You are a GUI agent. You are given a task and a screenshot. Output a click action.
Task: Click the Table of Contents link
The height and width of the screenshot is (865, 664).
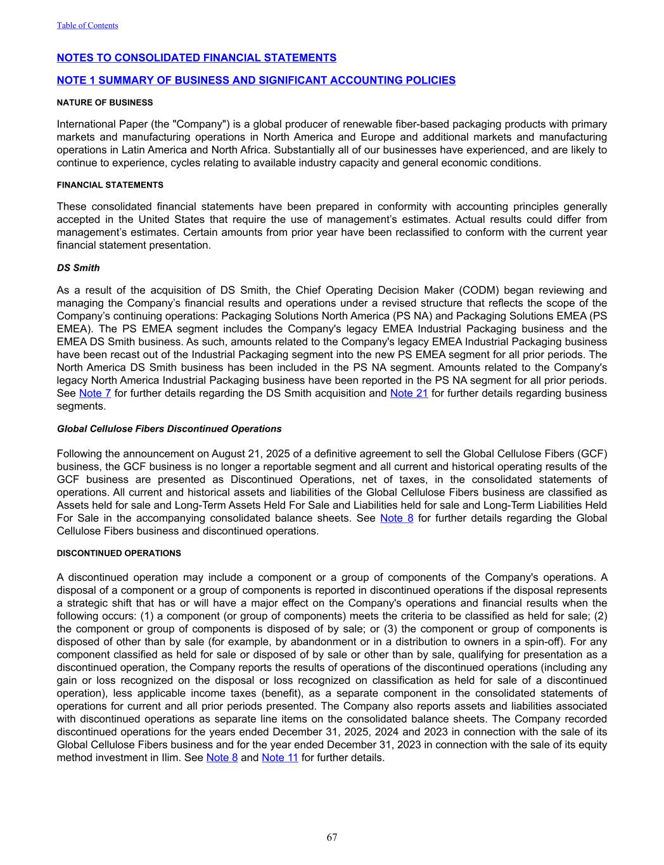pos(87,25)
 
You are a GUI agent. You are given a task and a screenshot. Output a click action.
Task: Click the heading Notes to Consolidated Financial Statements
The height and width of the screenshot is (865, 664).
pos(196,58)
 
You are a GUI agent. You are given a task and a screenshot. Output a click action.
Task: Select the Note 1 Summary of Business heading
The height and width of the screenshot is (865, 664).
pos(256,80)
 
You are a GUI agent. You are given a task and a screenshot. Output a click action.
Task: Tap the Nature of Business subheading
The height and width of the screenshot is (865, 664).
pos(105,103)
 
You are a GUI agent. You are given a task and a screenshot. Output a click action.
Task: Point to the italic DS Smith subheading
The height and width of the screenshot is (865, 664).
pos(78,268)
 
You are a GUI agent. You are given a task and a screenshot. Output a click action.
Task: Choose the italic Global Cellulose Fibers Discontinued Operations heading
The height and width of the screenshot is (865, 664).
pos(169,429)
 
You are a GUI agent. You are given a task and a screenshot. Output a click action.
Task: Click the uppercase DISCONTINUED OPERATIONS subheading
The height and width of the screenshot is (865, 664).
pos(118,553)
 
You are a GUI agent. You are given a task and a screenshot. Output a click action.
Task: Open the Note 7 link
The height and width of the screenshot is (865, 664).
pos(95,394)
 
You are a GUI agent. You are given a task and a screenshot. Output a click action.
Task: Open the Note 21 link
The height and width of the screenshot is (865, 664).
pos(409,394)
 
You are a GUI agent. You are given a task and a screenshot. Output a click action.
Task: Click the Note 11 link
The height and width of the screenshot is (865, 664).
pos(279,757)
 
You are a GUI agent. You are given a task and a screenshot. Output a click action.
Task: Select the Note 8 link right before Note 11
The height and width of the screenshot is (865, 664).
pos(222,757)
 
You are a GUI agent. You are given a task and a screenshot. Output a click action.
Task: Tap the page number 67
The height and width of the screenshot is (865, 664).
pos(332,837)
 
